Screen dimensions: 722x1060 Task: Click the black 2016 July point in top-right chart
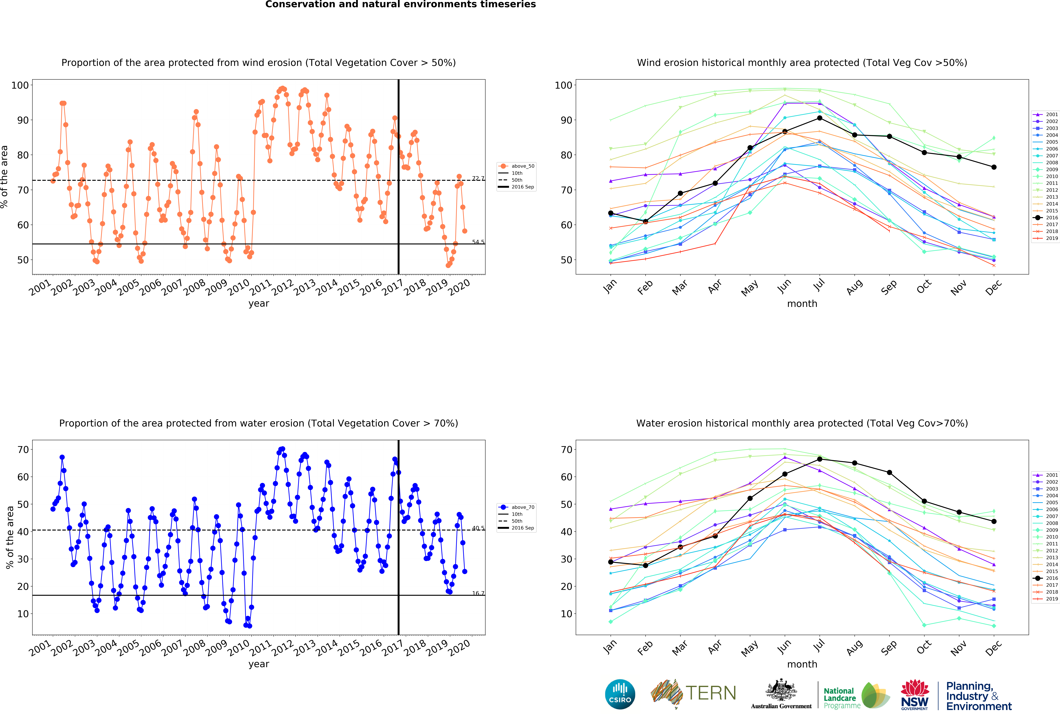click(820, 118)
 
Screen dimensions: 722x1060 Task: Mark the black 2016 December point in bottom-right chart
click(994, 521)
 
